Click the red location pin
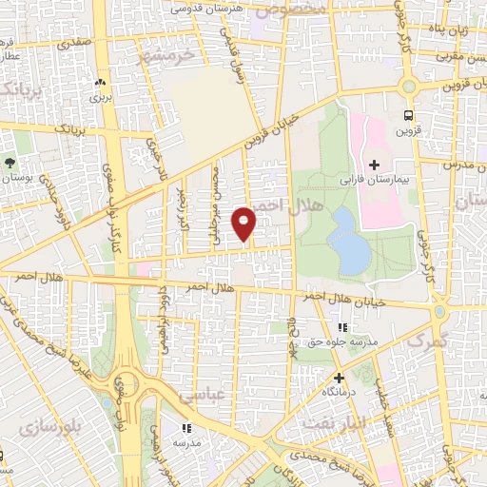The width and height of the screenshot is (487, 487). [x=245, y=224]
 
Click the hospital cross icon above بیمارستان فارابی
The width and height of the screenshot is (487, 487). [x=374, y=165]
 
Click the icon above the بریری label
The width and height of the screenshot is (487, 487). [x=100, y=83]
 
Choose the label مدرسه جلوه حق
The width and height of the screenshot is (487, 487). [x=346, y=341]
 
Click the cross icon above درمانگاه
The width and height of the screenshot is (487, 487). [x=338, y=378]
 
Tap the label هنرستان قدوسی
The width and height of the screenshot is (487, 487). [x=205, y=8]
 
